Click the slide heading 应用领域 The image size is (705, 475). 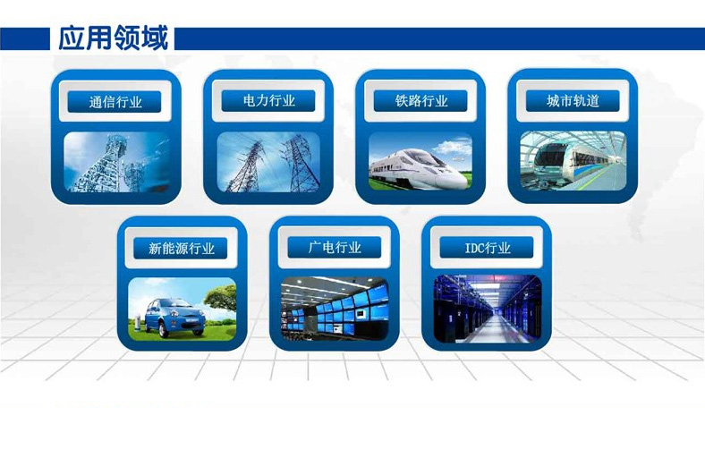114,38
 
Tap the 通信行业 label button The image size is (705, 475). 115,102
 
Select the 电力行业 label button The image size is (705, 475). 268,101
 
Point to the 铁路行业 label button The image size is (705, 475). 420,101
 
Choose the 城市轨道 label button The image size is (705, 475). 573,101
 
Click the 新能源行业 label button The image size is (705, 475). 181,249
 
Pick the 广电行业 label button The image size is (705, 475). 335,248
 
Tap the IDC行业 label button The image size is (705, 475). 487,248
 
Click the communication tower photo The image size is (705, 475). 116,162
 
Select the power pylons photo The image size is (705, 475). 268,162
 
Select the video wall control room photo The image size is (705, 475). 335,309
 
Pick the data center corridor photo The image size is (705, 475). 488,309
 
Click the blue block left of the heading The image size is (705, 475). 25,38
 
